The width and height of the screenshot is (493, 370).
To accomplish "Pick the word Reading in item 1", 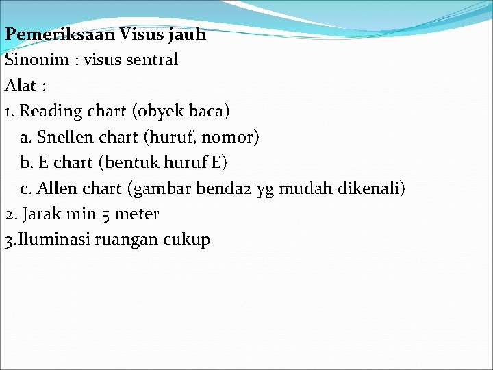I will click(x=49, y=111).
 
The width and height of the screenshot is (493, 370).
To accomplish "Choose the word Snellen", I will click(x=66, y=137).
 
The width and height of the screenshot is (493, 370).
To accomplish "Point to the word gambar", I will click(x=160, y=188).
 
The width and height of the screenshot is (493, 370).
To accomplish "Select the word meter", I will click(x=136, y=214).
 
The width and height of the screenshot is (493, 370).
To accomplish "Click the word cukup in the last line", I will click(x=186, y=241).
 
